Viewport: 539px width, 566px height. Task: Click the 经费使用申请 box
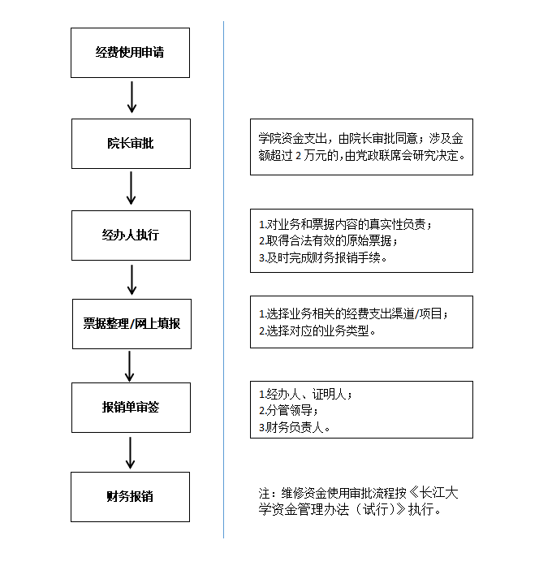click(x=131, y=52)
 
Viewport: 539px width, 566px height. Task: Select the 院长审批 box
click(x=131, y=144)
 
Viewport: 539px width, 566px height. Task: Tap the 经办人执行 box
click(x=131, y=235)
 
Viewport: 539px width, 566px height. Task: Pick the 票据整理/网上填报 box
click(x=131, y=323)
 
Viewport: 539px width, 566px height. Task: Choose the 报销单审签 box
click(x=131, y=407)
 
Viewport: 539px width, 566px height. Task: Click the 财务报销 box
click(x=131, y=495)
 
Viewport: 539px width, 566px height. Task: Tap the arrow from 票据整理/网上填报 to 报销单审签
click(x=130, y=365)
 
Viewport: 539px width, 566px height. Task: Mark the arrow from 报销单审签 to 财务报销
click(x=130, y=452)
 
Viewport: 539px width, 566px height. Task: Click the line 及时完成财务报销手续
click(x=325, y=258)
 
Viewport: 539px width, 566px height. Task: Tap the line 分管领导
click(x=287, y=410)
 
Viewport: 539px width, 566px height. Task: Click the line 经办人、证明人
click(x=304, y=395)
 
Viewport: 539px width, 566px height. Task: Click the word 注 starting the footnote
click(x=263, y=494)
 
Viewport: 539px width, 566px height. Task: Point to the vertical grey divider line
click(x=223, y=284)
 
